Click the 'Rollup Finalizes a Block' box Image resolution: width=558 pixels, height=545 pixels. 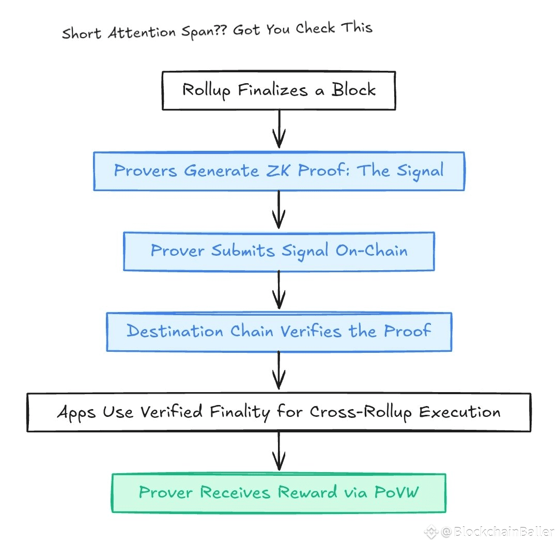point(279,90)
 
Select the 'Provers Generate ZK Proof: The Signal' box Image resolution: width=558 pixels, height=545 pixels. point(279,171)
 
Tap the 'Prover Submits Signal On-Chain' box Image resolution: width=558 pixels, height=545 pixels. point(279,251)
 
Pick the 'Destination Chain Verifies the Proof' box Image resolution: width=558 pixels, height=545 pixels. point(279,332)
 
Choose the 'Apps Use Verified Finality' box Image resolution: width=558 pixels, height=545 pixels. point(279,412)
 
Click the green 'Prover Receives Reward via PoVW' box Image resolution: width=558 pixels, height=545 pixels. point(279,493)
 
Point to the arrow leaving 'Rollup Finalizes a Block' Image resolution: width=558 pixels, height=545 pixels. point(279,131)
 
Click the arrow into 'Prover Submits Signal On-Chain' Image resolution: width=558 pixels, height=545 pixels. point(279,211)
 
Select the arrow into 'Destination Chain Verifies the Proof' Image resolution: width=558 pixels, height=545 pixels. point(279,291)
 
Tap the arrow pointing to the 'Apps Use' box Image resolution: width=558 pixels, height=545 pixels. point(279,372)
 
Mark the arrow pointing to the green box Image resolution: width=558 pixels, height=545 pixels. point(279,453)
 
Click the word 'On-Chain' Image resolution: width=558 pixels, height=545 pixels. point(371,251)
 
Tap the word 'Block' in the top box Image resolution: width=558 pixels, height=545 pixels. point(353,90)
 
